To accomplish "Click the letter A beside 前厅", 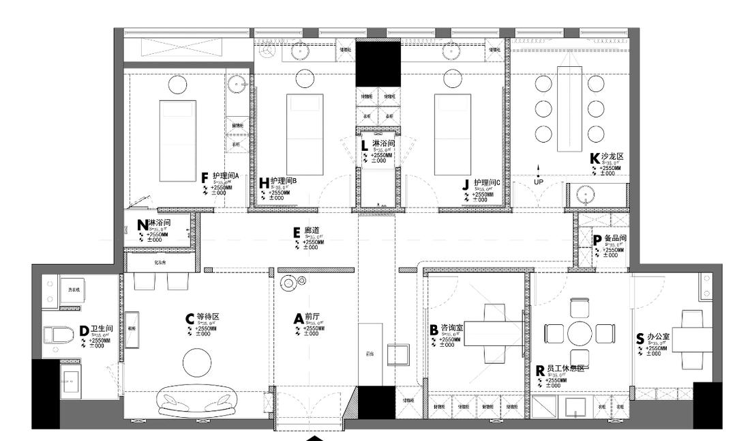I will point(298,319).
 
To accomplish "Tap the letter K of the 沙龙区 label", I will point(595,158).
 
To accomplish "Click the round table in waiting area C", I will point(197,361).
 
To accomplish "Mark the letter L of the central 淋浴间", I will point(365,145).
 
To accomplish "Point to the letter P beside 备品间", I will point(597,240).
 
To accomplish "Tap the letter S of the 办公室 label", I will point(640,339).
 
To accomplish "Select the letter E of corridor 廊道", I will point(297,232).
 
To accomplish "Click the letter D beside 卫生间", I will point(84,330).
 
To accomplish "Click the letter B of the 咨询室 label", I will point(434,330).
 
